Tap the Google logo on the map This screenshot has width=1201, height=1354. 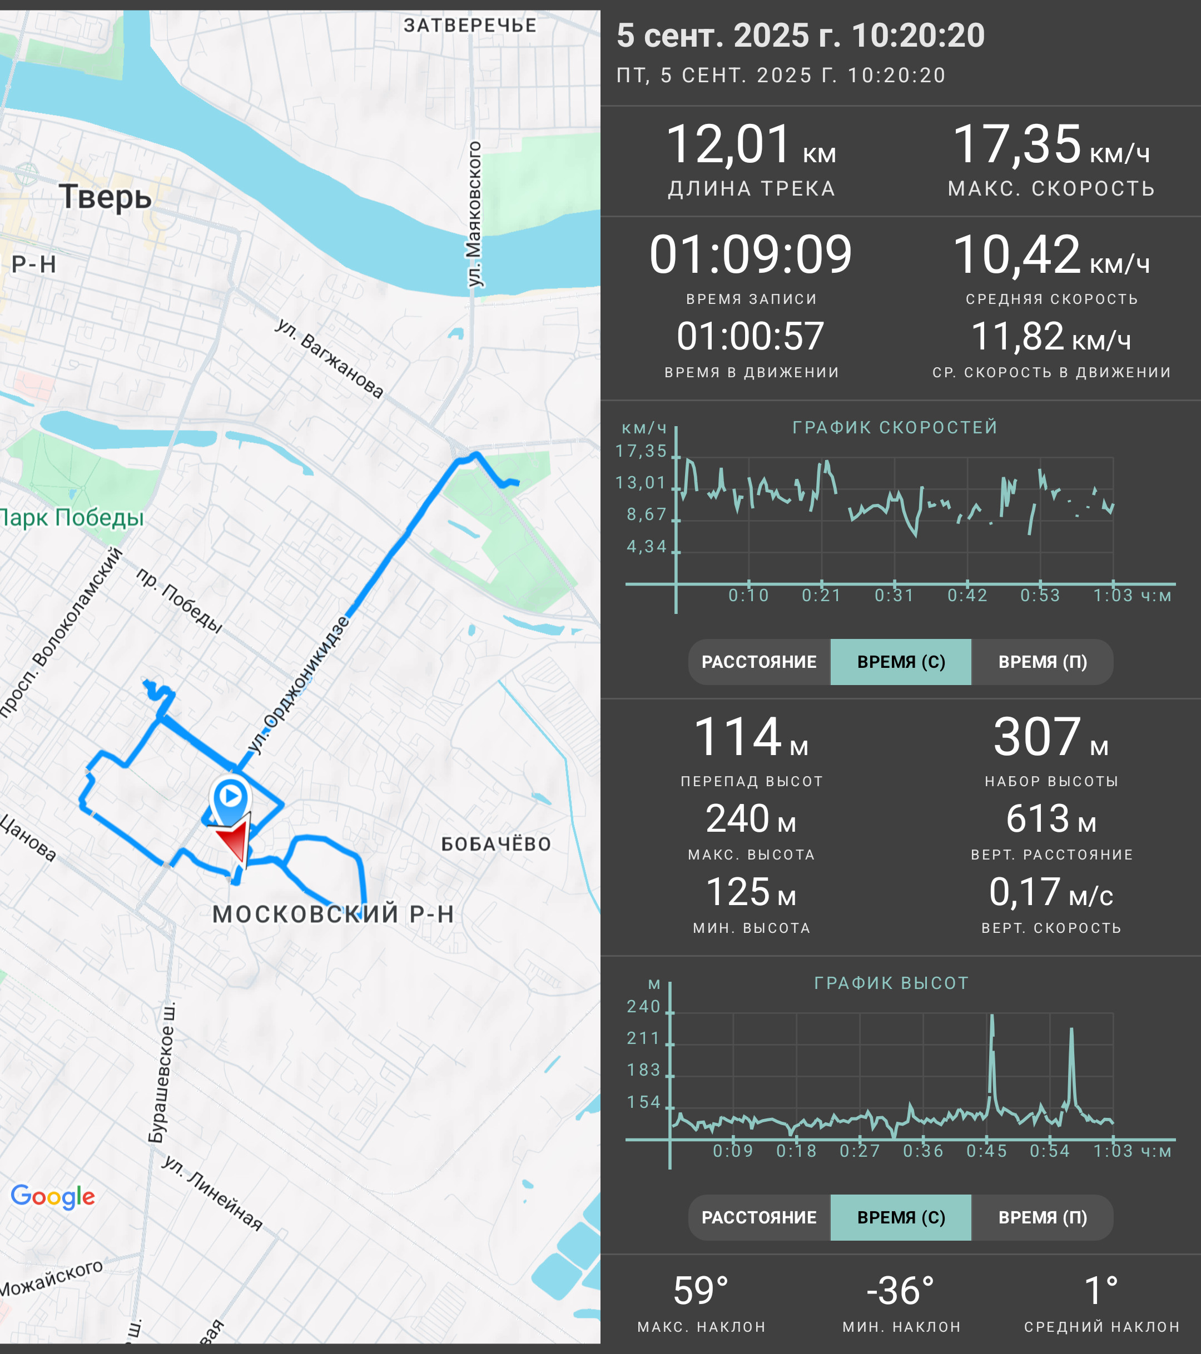coord(53,1196)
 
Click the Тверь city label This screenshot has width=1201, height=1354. coord(106,197)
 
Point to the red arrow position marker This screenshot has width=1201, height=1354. coord(232,840)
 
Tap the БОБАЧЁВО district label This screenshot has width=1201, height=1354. coord(497,844)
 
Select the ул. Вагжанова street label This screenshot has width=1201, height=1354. coord(329,358)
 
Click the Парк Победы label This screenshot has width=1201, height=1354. coord(72,517)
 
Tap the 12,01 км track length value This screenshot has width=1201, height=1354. coord(751,145)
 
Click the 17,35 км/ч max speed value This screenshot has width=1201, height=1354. coord(1051,145)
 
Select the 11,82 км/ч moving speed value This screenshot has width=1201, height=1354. coord(1051,337)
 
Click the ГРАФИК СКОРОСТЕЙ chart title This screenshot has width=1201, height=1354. coord(895,427)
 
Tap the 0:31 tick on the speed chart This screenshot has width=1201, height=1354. coord(894,596)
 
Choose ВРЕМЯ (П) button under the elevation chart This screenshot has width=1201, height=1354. coord(1043,1217)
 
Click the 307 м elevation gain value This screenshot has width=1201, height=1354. coord(1051,737)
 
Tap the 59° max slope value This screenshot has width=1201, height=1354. coord(701,1291)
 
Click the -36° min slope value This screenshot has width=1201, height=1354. coord(901,1291)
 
